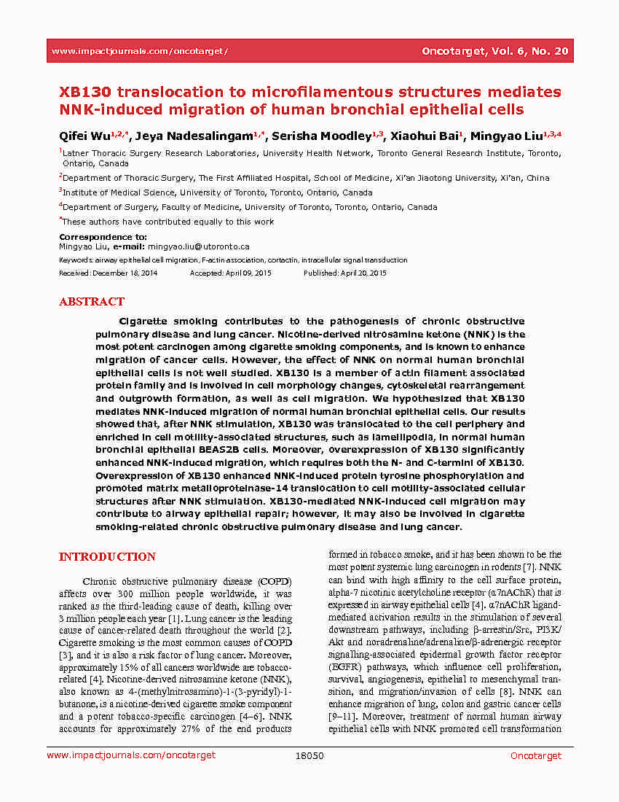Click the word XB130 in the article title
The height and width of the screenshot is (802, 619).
[84, 92]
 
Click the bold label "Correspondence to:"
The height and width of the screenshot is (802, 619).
[103, 237]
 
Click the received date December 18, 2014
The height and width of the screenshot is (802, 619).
[125, 273]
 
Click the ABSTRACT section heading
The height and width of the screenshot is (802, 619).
[92, 302]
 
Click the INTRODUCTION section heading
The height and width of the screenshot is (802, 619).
[107, 557]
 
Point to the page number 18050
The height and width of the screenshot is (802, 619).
[309, 756]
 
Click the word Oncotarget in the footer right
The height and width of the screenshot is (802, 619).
[536, 756]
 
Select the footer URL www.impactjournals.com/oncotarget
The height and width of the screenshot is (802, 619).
[131, 756]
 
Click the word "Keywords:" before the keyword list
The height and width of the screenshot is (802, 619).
[76, 260]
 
